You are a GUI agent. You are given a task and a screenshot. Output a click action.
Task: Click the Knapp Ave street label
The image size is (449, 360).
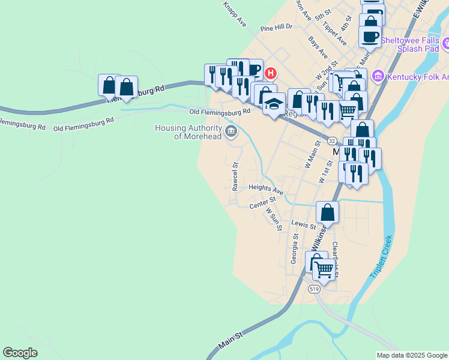click(x=234, y=13)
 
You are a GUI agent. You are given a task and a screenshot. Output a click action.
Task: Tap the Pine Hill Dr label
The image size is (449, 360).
click(x=276, y=28)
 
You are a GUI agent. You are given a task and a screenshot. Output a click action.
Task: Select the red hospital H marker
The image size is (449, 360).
click(x=271, y=73)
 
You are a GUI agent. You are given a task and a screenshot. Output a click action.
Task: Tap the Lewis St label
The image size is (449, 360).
click(x=304, y=225)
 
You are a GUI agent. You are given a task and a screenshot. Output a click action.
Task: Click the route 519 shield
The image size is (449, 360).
click(x=314, y=289)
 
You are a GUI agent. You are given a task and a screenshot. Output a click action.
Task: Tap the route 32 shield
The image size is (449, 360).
click(x=331, y=139)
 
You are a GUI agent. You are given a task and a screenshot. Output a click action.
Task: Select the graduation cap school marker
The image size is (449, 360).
click(x=274, y=104)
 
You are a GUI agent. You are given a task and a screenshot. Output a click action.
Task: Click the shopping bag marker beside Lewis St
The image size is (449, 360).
click(x=327, y=212)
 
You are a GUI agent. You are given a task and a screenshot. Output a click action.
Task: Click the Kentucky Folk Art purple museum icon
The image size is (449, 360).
click(x=378, y=76)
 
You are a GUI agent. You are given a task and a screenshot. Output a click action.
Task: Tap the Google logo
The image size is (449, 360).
click(x=20, y=352)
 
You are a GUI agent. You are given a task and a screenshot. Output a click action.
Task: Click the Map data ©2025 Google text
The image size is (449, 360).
click(x=411, y=355)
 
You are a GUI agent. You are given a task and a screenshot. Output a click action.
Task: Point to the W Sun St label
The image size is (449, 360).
click(x=274, y=220)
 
